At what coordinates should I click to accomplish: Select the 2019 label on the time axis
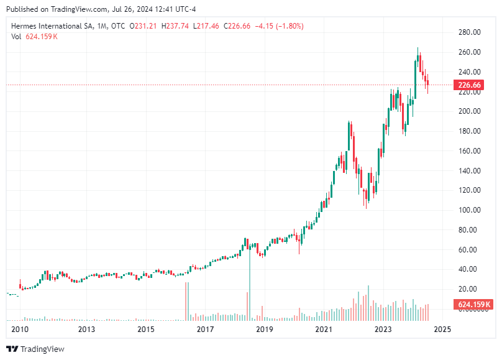[x=265, y=329]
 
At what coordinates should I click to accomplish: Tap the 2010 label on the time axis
[x=21, y=329]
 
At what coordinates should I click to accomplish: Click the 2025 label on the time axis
[x=442, y=329]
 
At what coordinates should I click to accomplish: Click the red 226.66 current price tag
[x=469, y=85]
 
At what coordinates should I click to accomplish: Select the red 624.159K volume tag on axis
[x=473, y=305]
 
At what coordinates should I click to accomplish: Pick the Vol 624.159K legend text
[x=35, y=37]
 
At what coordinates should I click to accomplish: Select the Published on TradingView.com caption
[x=103, y=9]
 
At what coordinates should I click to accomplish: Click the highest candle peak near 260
[x=418, y=48]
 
